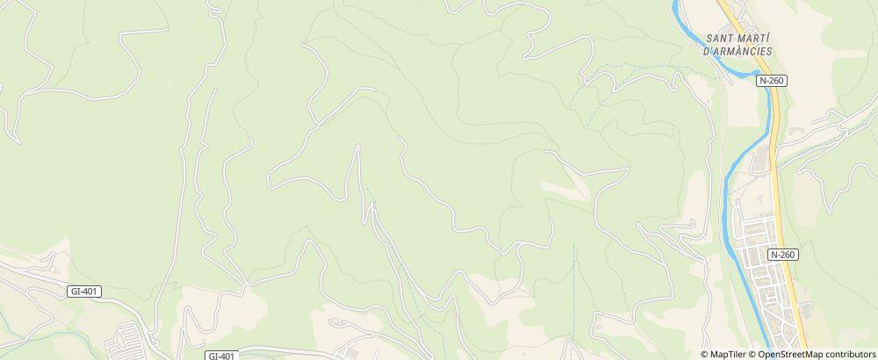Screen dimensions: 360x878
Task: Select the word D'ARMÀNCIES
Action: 738,51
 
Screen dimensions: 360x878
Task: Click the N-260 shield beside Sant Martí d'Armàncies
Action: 772,80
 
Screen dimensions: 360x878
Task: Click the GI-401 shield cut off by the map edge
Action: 222,356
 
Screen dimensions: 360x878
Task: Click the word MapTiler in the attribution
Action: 728,354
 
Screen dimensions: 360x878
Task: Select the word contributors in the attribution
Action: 847,354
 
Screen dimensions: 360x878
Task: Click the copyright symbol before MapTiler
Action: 706,354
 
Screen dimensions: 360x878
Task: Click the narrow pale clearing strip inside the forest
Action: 558,186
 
